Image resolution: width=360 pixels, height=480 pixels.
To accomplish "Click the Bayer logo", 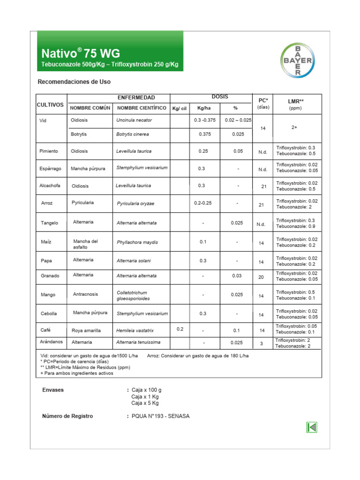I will pos(298,60).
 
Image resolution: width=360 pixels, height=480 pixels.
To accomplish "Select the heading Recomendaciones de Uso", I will pos(74,82).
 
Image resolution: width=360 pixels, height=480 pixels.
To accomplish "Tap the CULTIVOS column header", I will pos(50,105).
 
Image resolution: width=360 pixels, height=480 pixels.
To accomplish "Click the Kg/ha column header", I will pos(203,108).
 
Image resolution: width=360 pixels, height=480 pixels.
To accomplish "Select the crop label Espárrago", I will pos(51,169).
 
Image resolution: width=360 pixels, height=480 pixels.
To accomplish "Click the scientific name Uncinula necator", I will pos(134,120).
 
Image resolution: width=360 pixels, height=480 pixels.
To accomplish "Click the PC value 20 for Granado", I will pos(261,277).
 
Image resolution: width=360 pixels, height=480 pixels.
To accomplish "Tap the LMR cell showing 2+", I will pos(295,127).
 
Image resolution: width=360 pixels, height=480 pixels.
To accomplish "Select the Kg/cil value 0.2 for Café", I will pos(180,329).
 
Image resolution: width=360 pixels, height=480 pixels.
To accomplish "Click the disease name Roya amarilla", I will pos(86,330).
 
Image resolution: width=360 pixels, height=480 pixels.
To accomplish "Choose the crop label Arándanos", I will pos(52,342).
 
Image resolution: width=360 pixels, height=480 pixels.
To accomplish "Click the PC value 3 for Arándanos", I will pos(262,344).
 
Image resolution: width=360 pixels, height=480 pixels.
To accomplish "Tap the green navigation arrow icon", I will pos(312,427).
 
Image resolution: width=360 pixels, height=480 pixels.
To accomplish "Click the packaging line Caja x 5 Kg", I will pos(145,403).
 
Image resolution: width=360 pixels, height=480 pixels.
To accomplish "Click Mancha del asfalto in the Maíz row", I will pos(85,244).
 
